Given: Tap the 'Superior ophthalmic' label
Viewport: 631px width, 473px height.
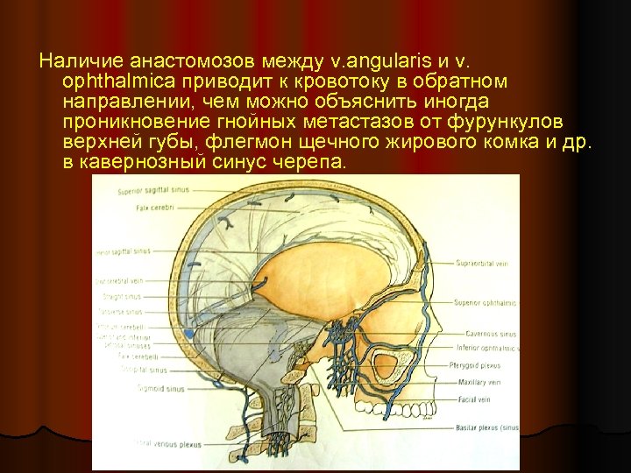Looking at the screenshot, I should pos(486,302).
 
